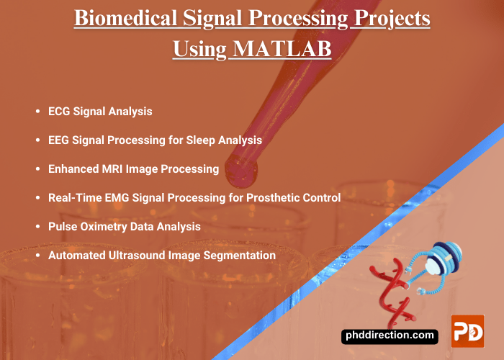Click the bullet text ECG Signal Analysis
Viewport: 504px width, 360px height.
[x=100, y=112]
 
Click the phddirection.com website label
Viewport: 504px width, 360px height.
[x=390, y=335]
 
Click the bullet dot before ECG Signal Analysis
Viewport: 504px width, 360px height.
[x=37, y=112]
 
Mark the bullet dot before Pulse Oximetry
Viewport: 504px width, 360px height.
[x=37, y=226]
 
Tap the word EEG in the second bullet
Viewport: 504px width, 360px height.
[x=59, y=140]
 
